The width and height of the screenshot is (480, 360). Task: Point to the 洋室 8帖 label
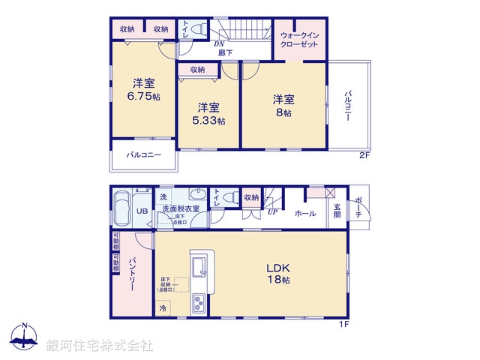pos(283,105)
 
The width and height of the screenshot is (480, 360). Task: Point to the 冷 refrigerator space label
pos(163,307)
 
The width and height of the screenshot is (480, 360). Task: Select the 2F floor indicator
pos(364,156)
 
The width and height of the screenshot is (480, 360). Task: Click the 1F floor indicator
pos(342,323)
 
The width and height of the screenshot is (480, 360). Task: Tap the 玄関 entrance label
pos(337,210)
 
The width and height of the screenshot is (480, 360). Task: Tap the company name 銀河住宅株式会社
pos(100,346)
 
